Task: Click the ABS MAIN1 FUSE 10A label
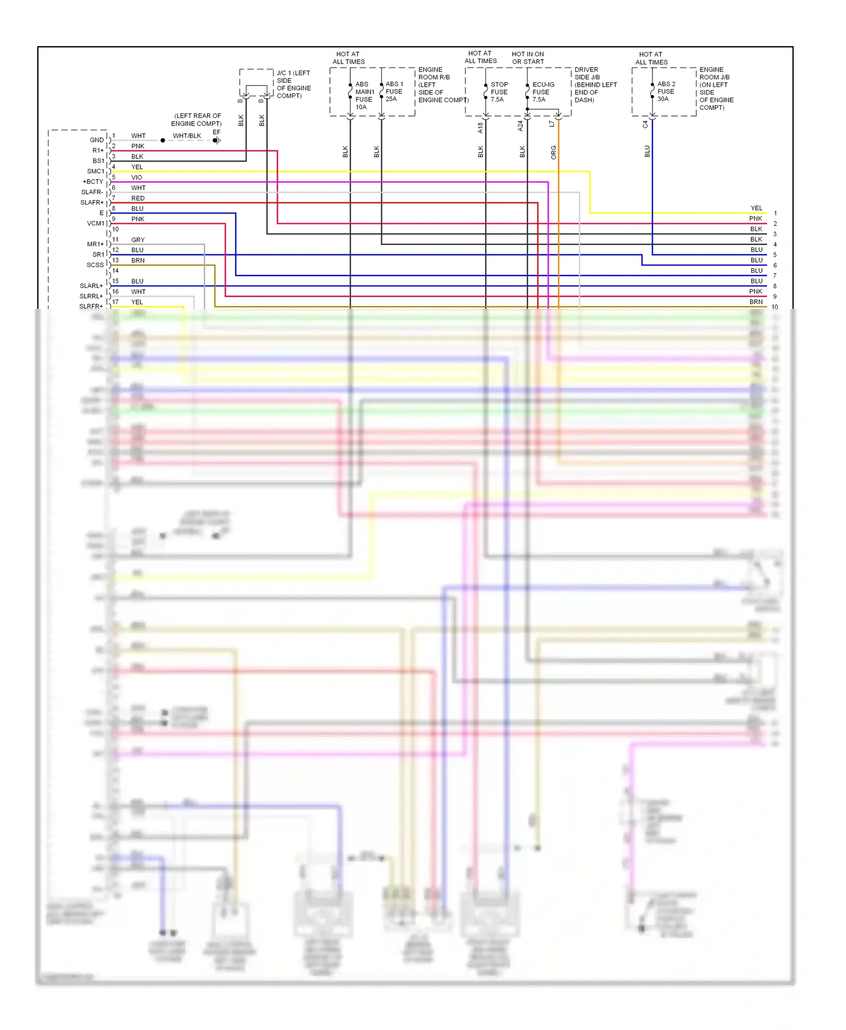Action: [x=364, y=95]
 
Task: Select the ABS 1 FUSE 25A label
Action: [x=394, y=91]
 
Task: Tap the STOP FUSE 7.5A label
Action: [x=499, y=92]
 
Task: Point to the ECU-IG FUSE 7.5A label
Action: [x=543, y=92]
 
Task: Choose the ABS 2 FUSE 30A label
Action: [x=666, y=91]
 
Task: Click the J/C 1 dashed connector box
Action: [x=257, y=82]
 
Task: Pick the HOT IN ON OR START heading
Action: [x=528, y=58]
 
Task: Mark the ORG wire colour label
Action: [x=554, y=152]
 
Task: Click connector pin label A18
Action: [x=481, y=128]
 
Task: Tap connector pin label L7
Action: [x=552, y=124]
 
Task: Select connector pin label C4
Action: [x=646, y=125]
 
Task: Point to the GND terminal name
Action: [x=96, y=140]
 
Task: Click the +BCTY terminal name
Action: [x=93, y=182]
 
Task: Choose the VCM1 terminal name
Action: [x=95, y=224]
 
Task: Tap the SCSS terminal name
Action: [x=95, y=265]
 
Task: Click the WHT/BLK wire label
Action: [x=187, y=136]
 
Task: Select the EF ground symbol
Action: [x=217, y=140]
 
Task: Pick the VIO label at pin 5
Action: [x=136, y=177]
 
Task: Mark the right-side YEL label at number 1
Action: [x=756, y=208]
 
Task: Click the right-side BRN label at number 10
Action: [x=756, y=302]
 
